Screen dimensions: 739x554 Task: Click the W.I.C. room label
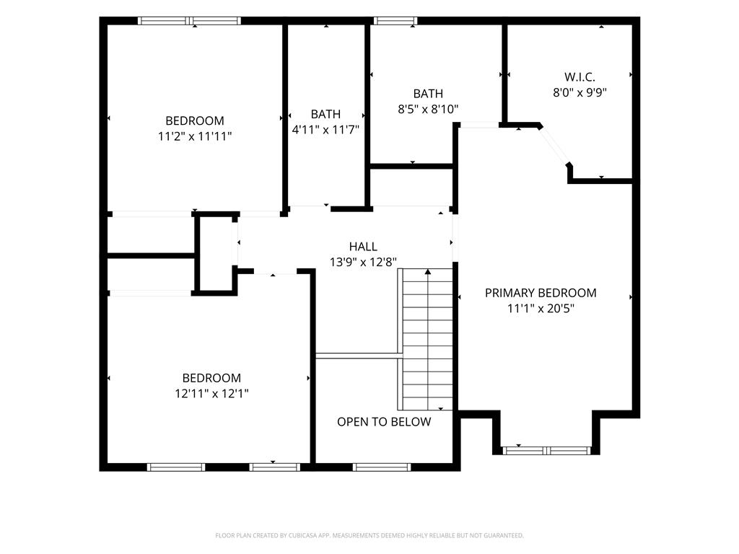pos(580,76)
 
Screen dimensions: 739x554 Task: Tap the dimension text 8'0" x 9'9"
pos(580,92)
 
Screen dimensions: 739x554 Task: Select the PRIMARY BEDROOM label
pos(541,293)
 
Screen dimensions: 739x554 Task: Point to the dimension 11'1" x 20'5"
pos(541,309)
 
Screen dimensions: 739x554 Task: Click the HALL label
pos(363,247)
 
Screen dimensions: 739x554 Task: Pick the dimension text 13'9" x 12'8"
pos(363,262)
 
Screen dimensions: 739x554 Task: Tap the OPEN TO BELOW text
pos(384,421)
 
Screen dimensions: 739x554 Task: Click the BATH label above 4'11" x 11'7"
pos(325,114)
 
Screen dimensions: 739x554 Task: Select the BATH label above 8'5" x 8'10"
pos(428,93)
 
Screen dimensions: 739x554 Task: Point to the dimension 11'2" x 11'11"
pos(195,136)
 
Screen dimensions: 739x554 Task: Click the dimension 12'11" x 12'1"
pos(211,393)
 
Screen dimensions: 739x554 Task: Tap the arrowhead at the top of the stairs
pos(428,272)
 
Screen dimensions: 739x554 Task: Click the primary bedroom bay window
pos(546,451)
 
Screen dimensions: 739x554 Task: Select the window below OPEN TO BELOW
pos(382,467)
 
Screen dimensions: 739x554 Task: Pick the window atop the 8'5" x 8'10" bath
pos(395,21)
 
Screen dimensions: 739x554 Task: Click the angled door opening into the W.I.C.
pos(555,146)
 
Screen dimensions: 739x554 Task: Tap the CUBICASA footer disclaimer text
pos(369,536)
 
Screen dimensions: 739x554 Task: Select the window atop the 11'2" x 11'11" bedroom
pos(190,21)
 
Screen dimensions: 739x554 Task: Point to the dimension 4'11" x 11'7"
pos(325,130)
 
